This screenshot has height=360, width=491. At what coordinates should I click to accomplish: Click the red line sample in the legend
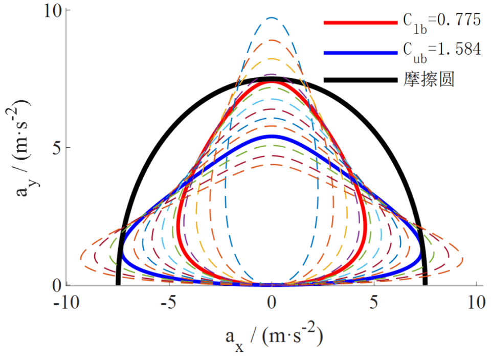click(361, 22)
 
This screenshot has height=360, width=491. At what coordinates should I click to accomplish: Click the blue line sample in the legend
click(361, 52)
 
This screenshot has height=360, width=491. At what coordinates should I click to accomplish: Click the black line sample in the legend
click(361, 80)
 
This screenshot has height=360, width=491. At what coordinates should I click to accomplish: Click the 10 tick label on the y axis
click(49, 11)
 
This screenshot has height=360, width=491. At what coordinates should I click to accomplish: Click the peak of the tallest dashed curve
click(272, 17)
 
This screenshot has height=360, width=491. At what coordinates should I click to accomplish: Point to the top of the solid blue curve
click(272, 137)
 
